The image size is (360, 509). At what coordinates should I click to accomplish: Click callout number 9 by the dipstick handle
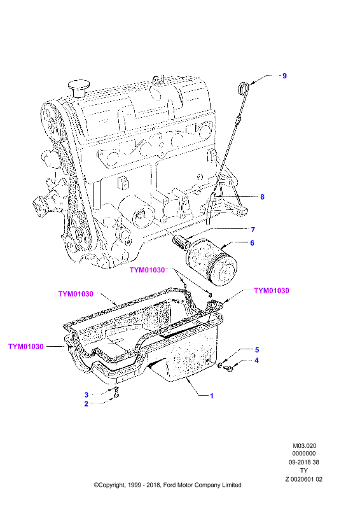(x=284, y=76)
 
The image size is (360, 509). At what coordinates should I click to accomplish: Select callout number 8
(x=262, y=197)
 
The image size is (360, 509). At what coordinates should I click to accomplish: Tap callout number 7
(x=253, y=230)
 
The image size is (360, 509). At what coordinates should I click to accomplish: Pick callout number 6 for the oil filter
(x=253, y=243)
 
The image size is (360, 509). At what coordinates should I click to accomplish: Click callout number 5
(x=257, y=349)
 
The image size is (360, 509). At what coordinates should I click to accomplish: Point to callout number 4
(x=256, y=360)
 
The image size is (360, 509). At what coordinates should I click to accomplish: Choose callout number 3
(x=87, y=394)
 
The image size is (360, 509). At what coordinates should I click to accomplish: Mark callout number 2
(x=86, y=404)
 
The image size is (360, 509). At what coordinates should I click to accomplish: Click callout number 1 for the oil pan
(x=212, y=396)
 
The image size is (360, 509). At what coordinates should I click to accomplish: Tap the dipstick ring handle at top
(x=244, y=88)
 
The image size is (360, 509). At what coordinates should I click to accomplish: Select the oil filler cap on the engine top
(x=78, y=88)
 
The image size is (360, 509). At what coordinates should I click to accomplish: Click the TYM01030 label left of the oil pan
(x=25, y=346)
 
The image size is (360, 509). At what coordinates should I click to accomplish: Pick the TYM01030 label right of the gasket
(x=272, y=291)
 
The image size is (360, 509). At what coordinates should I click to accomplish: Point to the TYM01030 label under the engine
(x=147, y=270)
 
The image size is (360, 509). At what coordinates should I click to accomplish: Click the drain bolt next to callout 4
(x=229, y=368)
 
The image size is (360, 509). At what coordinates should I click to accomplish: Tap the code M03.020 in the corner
(x=304, y=446)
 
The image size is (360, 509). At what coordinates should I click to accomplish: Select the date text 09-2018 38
(x=304, y=462)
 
